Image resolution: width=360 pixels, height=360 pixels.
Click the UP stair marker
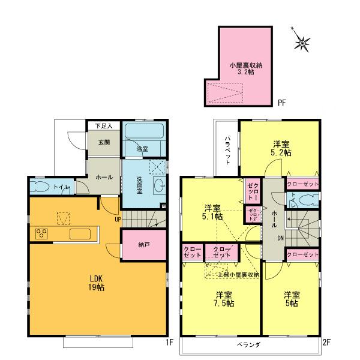tap(119, 220)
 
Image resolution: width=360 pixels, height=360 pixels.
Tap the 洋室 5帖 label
tap(292, 299)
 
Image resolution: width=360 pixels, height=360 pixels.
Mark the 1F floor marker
tap(170, 343)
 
